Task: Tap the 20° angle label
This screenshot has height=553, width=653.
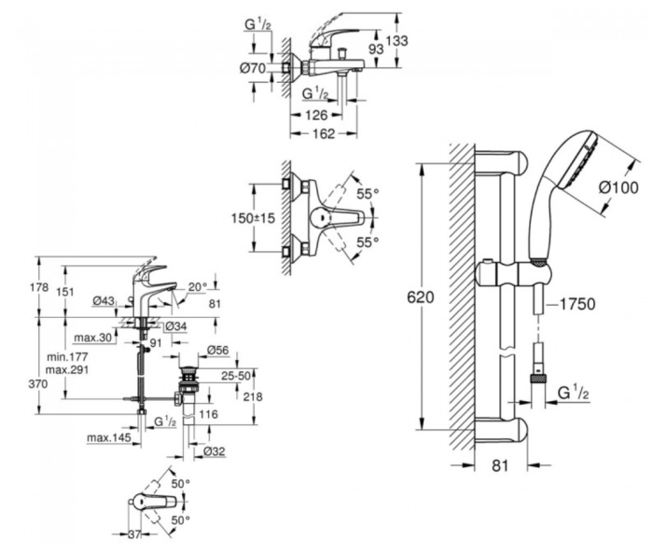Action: click(x=195, y=287)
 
